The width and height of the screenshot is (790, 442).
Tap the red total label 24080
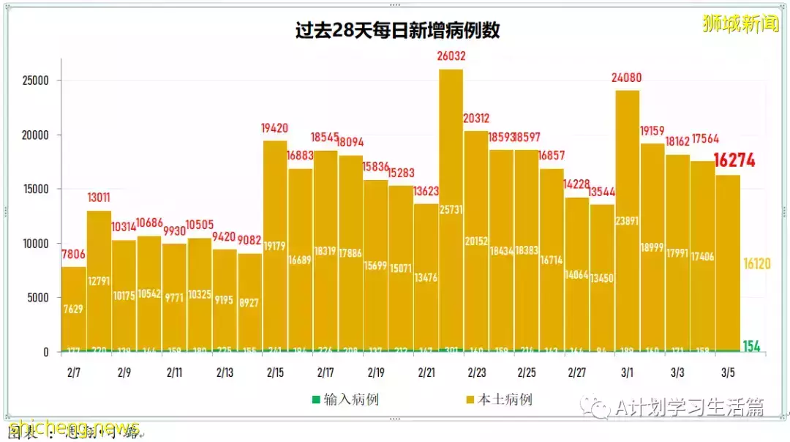(x=627, y=78)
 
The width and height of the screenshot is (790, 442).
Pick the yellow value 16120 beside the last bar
(x=757, y=263)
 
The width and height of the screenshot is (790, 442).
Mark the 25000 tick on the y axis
(x=35, y=80)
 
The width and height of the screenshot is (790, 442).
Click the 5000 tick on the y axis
(x=38, y=298)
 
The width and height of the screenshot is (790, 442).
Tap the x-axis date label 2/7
(x=73, y=372)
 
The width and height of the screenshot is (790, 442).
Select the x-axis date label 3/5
(x=728, y=372)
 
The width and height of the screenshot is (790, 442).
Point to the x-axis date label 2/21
(x=426, y=372)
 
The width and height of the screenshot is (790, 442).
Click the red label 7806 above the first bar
(x=73, y=255)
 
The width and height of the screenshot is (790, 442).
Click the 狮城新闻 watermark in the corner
(x=740, y=24)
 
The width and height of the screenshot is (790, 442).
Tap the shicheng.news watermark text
(x=73, y=427)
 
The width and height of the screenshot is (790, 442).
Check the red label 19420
(x=275, y=129)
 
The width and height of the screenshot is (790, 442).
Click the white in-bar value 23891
(x=627, y=220)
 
